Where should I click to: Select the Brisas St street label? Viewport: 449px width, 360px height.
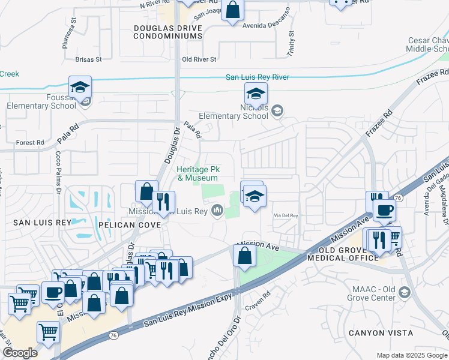click(89, 59)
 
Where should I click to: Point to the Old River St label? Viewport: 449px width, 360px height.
click(199, 59)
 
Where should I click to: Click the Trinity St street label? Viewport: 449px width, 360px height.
click(291, 44)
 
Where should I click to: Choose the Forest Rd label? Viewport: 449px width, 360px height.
click(30, 143)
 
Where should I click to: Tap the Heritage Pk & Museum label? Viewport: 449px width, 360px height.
click(197, 174)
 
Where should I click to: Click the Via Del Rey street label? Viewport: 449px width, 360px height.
click(286, 215)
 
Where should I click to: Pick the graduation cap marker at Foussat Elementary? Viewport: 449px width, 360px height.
click(80, 88)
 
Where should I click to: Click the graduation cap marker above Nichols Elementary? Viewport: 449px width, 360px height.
click(256, 94)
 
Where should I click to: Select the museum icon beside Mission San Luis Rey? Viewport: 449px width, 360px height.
click(217, 211)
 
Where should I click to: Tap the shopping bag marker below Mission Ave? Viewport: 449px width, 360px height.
click(244, 256)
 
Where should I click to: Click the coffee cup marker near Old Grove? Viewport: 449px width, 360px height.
click(384, 210)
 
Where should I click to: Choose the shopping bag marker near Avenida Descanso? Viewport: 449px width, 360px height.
click(232, 10)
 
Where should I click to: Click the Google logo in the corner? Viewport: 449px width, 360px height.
click(20, 353)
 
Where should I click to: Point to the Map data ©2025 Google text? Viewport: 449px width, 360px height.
click(411, 355)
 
